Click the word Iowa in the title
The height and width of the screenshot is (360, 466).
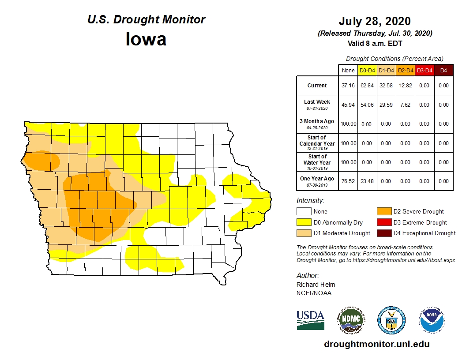tap(146, 40)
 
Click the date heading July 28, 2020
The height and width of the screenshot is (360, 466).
tap(375, 21)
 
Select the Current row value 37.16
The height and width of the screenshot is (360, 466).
tap(348, 86)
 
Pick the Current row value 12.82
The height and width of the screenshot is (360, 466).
tap(405, 86)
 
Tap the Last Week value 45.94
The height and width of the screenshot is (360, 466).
tap(348, 105)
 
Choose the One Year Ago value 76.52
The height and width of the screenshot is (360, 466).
tap(348, 181)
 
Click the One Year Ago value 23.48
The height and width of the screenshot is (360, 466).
tap(367, 181)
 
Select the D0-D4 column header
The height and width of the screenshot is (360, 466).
tap(367, 70)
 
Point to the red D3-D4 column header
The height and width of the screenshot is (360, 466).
tap(424, 70)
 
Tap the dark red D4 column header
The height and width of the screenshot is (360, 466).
tap(443, 70)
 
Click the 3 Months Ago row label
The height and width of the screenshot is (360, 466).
tap(317, 124)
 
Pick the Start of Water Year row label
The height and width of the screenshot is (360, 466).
tap(317, 161)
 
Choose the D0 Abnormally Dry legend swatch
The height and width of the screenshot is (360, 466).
tap(304, 222)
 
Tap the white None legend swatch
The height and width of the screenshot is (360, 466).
tap(304, 212)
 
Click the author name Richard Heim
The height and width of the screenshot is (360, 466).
tap(315, 285)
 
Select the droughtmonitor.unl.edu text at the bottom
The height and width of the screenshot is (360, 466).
tap(376, 344)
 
